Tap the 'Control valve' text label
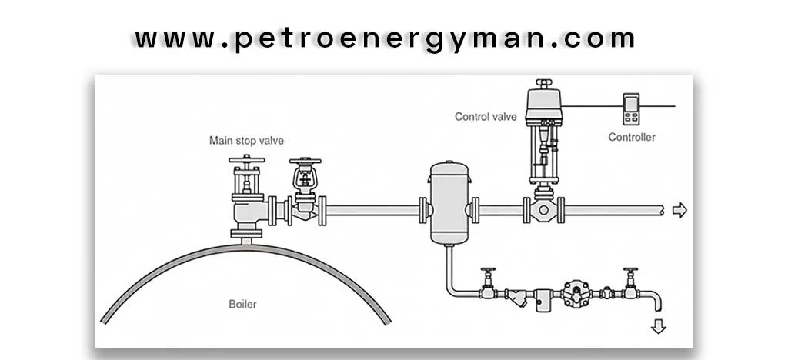click(x=485, y=117)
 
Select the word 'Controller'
click(x=632, y=137)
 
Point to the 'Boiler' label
click(x=243, y=304)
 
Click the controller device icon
click(x=632, y=108)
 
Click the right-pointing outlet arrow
click(x=679, y=210)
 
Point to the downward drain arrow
click(x=658, y=325)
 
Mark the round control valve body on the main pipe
click(x=544, y=210)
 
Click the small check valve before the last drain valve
click(x=606, y=292)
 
